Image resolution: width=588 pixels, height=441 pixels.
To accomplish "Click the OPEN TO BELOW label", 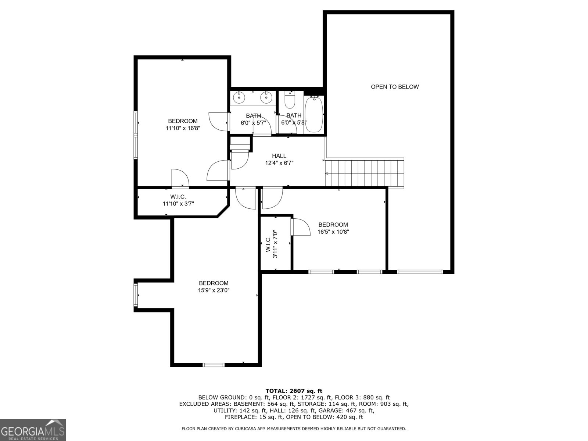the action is pos(395,87).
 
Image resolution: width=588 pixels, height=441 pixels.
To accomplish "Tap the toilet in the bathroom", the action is pos(290,100).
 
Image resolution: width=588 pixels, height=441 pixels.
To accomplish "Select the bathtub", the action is pos(314,115).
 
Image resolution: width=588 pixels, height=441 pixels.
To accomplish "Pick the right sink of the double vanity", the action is pos(266,97).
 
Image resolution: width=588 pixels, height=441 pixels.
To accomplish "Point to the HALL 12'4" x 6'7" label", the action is pos(279,159).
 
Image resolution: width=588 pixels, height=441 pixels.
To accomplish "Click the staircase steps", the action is pos(364,173).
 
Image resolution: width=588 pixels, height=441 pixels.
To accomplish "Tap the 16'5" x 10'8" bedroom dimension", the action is pos(333,232).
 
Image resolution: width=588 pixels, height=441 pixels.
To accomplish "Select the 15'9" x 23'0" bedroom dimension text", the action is pos(214,290).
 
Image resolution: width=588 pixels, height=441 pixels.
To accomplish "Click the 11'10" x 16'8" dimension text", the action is pos(183,128).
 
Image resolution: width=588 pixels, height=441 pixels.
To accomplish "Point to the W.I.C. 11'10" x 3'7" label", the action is pos(178,200).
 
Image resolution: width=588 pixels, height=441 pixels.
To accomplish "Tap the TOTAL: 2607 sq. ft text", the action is pos(294,391).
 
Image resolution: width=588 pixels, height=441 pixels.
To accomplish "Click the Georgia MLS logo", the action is pos(33,430).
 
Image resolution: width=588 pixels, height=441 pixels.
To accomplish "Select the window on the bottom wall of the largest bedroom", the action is pos(214,365).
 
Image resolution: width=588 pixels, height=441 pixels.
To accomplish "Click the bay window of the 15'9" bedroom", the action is pos(136,295).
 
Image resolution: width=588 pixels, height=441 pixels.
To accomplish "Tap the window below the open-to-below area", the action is pos(420,272).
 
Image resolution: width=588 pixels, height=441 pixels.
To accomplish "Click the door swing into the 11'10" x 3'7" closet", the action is pos(180,178).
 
